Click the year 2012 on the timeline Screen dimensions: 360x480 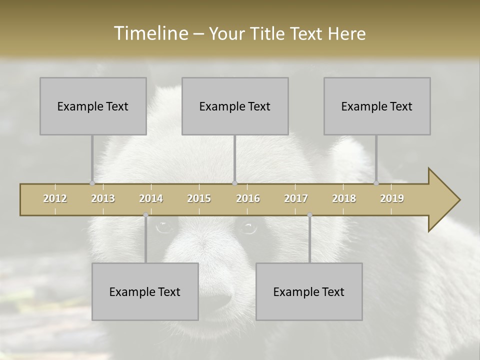click(55, 198)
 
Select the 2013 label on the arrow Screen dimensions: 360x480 click(103, 198)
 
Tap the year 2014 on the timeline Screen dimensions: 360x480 click(151, 198)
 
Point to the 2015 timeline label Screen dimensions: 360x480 click(199, 198)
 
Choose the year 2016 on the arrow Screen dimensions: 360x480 click(248, 198)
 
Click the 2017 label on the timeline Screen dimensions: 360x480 click(296, 198)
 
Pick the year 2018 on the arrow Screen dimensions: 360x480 click(344, 198)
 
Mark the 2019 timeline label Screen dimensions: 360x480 click(392, 198)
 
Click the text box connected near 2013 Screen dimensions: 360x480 click(93, 106)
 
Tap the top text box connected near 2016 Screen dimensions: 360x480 click(235, 106)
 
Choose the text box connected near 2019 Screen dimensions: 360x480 click(377, 106)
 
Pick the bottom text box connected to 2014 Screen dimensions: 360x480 click(145, 291)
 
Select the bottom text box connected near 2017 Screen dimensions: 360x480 click(309, 291)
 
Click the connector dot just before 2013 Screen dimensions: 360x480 click(92, 183)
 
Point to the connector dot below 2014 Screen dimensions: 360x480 click(145, 215)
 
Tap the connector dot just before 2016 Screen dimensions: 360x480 click(234, 183)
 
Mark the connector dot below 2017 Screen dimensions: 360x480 click(309, 215)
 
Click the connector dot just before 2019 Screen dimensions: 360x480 click(376, 183)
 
